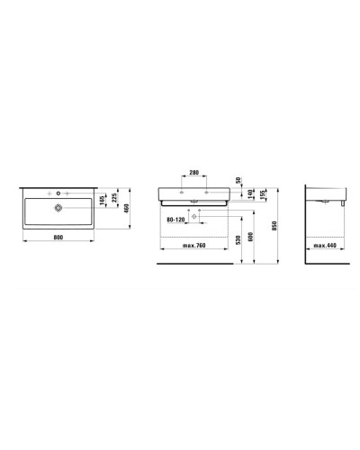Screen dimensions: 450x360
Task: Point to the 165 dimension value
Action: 103,198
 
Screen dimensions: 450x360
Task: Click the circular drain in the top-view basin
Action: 59,208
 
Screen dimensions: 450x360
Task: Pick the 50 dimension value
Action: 238,181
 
